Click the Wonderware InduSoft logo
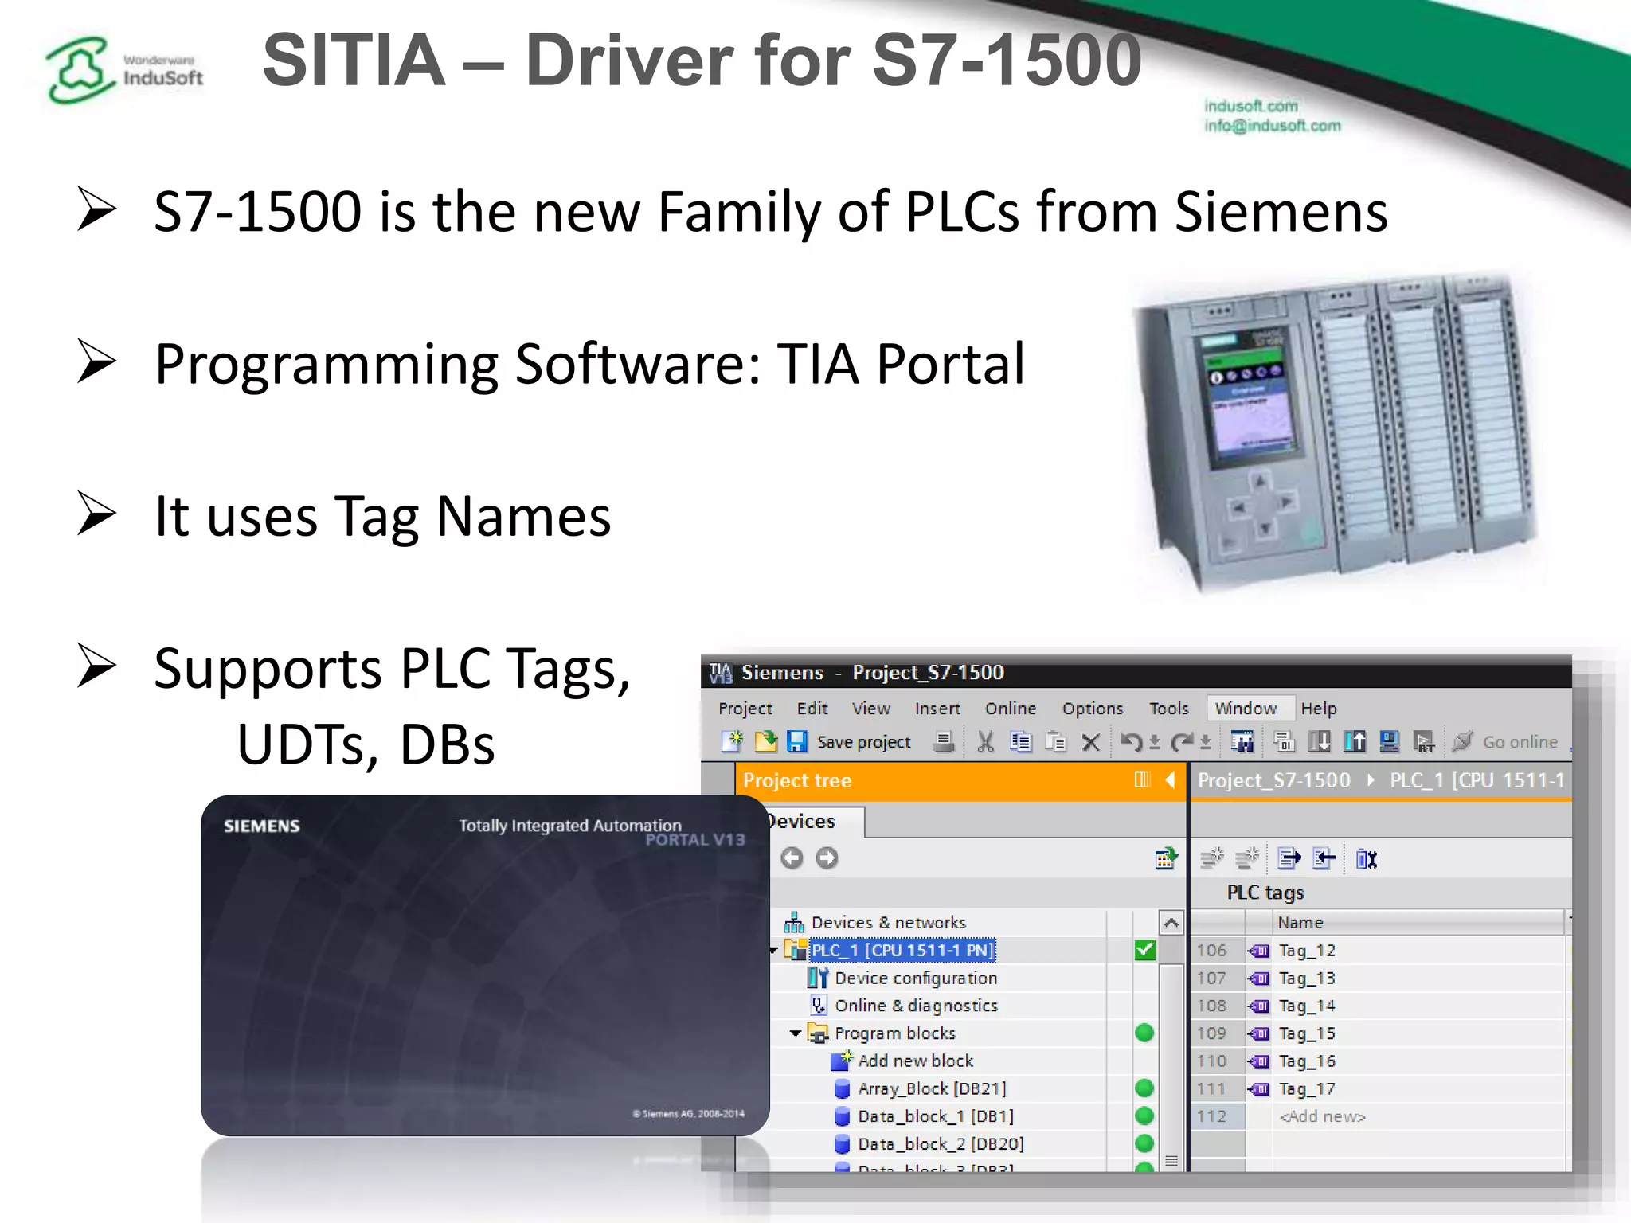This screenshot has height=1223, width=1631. pos(123,70)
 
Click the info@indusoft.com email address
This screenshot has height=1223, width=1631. pos(1272,126)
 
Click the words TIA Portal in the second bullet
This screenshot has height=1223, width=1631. pos(900,364)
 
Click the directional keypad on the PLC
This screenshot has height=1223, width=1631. pos(1261,506)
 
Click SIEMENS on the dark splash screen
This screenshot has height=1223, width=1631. pos(261,826)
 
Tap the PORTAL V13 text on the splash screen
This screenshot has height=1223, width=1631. pos(694,840)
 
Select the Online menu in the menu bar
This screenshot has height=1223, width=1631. pos(1010,709)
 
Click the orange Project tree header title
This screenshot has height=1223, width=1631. pos(797,780)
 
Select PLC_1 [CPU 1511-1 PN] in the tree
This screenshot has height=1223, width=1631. pos(902,950)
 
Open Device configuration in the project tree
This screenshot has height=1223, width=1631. pos(915,978)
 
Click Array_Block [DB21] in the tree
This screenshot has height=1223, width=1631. pos(931,1088)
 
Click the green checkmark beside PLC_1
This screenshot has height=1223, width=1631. pos(1144,950)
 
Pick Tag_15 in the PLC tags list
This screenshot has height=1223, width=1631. pos(1306,1033)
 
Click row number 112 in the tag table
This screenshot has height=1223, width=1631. pos(1211,1116)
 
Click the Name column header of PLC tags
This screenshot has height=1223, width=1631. pos(1300,922)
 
